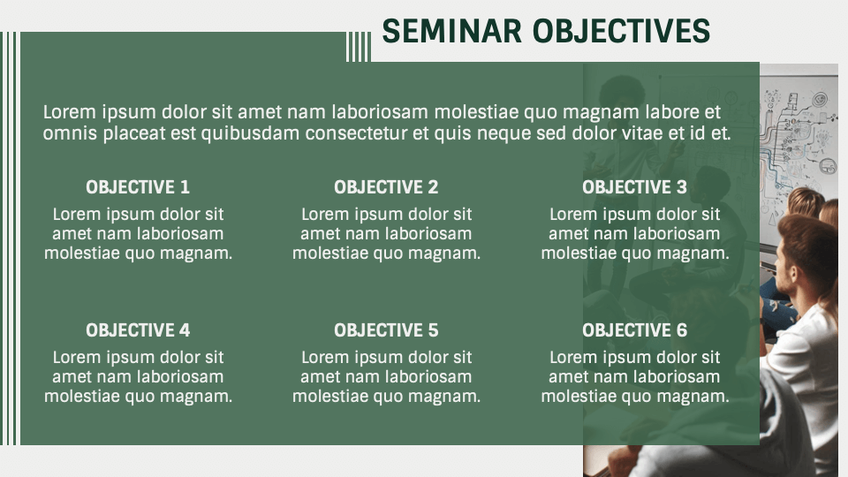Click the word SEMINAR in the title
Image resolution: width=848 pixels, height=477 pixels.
[x=453, y=31]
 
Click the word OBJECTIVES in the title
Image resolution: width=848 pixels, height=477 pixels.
[x=622, y=31]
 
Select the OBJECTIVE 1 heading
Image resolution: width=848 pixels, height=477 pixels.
[x=138, y=187]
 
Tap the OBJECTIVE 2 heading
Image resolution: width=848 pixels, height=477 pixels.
[x=386, y=187]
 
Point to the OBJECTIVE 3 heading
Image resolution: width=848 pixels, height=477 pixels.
[x=634, y=187]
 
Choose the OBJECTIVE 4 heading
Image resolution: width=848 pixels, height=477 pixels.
[x=138, y=330]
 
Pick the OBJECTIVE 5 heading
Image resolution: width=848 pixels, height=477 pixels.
[x=386, y=330]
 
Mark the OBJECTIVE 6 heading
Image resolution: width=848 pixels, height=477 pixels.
[x=634, y=330]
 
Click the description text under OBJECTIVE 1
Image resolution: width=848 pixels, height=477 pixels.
[x=138, y=234]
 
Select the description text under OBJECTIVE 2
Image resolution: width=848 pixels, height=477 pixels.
[x=386, y=234]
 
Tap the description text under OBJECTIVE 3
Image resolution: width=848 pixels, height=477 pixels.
[x=634, y=234]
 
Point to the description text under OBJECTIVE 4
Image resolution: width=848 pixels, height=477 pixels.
[x=138, y=377]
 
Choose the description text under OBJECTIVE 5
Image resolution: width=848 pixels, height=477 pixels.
[x=386, y=377]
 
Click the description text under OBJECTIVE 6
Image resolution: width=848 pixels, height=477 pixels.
[x=634, y=377]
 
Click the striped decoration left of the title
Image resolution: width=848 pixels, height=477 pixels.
[x=358, y=47]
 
